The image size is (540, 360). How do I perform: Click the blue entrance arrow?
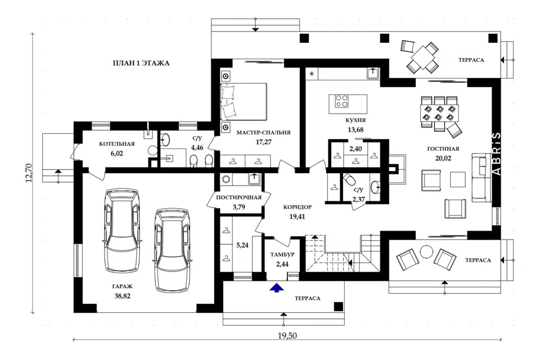277,288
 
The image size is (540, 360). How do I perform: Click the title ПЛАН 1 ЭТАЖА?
141,63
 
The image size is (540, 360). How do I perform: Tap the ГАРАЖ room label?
122,286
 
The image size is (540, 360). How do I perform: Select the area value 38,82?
122,296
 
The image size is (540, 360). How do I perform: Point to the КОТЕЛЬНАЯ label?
117,144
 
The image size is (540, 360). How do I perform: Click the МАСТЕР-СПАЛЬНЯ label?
263,132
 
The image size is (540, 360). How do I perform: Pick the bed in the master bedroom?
244,101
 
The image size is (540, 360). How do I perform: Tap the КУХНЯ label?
355,120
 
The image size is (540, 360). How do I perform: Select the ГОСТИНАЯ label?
443,149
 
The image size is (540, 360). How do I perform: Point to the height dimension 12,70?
29,173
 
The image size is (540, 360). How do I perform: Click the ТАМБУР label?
282,255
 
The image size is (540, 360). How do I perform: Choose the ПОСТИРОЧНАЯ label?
238,197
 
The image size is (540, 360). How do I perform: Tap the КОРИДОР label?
298,207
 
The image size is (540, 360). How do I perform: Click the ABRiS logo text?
497,154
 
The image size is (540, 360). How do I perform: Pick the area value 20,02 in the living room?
443,159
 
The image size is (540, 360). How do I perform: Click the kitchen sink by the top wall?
372,73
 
